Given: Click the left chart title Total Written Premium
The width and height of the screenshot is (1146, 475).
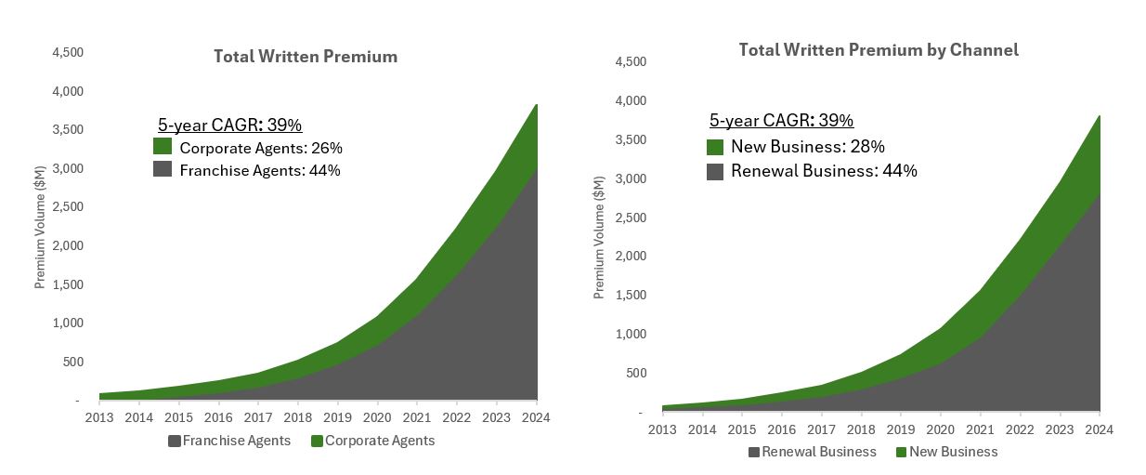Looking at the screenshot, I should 306,57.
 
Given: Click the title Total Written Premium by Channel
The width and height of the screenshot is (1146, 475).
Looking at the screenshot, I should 878,50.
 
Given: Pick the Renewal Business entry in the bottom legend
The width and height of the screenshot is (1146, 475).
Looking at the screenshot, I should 812,452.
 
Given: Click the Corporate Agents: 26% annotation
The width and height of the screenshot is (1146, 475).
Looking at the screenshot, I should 261,148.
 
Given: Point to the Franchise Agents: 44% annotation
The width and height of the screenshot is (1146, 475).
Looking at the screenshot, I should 260,170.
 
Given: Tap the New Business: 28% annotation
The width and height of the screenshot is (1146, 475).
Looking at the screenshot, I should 807,147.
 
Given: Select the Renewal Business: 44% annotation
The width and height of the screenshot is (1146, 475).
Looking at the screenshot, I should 824,171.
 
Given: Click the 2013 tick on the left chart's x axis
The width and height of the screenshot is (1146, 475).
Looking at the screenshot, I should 99,417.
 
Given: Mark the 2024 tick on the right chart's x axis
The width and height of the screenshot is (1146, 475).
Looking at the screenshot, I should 1099,429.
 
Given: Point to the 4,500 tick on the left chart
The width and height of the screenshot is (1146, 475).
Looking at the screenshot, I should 67,53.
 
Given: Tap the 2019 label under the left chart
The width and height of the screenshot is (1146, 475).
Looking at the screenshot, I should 337,417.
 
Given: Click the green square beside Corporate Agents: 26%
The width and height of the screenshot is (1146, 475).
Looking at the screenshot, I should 163,147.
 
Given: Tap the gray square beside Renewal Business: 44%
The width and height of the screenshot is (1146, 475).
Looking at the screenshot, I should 715,171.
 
